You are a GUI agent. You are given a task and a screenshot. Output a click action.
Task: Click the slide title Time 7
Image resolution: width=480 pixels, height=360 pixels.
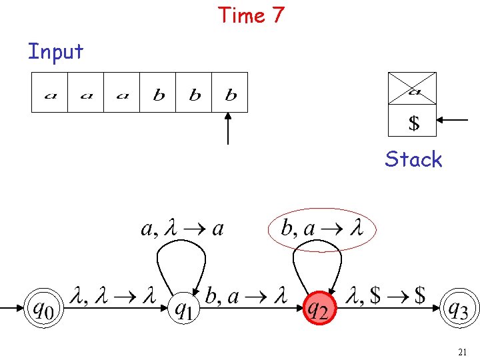(x=251, y=15)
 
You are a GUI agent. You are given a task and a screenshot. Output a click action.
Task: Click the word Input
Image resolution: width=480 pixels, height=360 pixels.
(x=55, y=51)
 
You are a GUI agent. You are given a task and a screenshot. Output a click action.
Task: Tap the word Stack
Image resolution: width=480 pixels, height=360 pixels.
(x=413, y=159)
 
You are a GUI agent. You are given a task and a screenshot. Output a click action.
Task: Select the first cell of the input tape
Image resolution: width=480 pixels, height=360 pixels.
(x=50, y=92)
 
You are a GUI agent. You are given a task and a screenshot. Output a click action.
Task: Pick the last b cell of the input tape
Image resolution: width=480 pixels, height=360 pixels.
(x=231, y=92)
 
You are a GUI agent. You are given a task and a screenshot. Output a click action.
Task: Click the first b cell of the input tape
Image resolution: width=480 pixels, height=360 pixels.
(x=159, y=92)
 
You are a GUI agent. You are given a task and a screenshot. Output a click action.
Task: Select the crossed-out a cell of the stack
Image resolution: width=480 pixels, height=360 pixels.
(x=413, y=89)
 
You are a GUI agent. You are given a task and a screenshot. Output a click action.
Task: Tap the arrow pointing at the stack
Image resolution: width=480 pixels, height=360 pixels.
(x=455, y=120)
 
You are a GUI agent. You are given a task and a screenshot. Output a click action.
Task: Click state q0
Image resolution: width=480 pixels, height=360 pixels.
(x=41, y=309)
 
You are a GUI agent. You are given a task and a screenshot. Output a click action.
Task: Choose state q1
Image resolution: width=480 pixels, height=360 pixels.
(x=185, y=309)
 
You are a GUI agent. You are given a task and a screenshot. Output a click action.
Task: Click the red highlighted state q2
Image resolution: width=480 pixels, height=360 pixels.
(x=319, y=309)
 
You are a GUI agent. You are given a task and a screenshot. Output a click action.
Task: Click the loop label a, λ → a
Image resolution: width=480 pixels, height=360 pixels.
(x=183, y=229)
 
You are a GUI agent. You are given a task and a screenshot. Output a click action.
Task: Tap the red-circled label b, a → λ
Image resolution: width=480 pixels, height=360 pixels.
(x=322, y=229)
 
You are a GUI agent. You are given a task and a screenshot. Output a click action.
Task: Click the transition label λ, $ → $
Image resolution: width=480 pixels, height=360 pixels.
(x=387, y=296)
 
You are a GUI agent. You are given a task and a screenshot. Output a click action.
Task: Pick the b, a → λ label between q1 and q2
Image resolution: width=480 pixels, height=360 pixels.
(x=246, y=296)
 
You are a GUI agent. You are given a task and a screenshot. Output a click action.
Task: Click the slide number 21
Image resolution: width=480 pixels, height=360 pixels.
(x=463, y=351)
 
